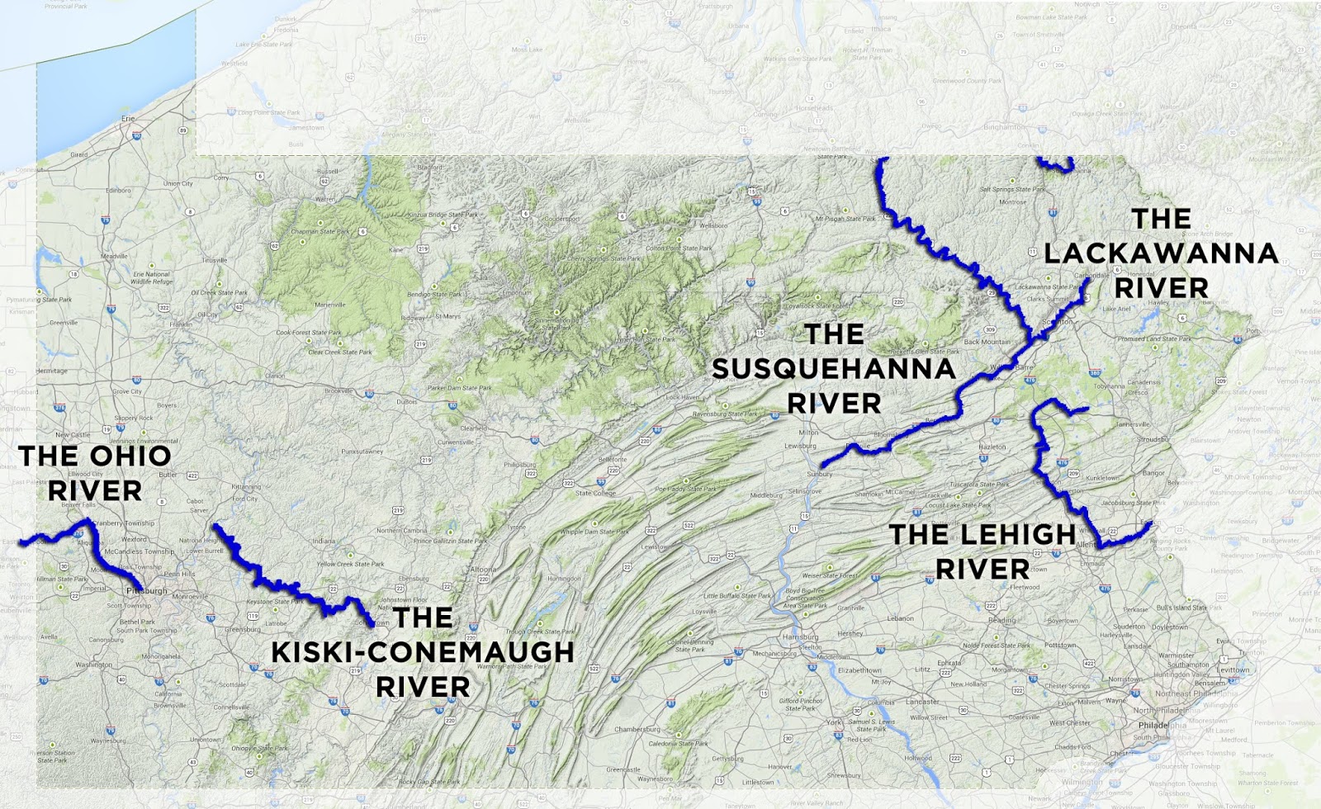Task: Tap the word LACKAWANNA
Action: click(1161, 253)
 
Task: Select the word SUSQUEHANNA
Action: click(834, 369)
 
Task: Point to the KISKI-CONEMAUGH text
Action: click(423, 652)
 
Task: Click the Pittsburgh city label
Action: click(147, 591)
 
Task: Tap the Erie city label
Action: click(128, 118)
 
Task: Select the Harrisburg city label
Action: click(800, 636)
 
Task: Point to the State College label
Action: click(595, 493)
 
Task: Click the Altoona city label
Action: click(484, 569)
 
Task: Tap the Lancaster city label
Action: click(922, 702)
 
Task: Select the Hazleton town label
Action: click(992, 447)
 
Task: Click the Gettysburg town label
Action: click(727, 758)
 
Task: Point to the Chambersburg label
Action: click(637, 729)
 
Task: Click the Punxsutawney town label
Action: click(362, 452)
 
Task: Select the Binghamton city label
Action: click(1005, 127)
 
